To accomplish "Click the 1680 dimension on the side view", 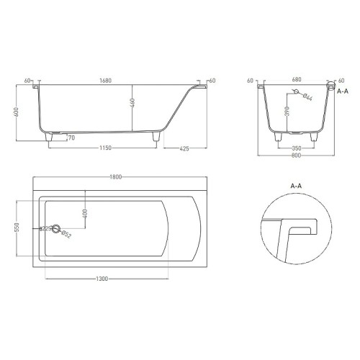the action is (106, 81).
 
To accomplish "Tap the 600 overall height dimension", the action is (17, 112).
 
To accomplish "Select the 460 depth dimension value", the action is (132, 103).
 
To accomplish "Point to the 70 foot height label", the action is (71, 138).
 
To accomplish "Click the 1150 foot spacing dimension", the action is (106, 148).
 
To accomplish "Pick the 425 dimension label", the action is (184, 149).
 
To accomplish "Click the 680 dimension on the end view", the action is (297, 79).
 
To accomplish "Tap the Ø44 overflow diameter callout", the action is (307, 97).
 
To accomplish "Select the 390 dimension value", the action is (287, 111).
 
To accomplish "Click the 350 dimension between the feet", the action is (297, 148).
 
